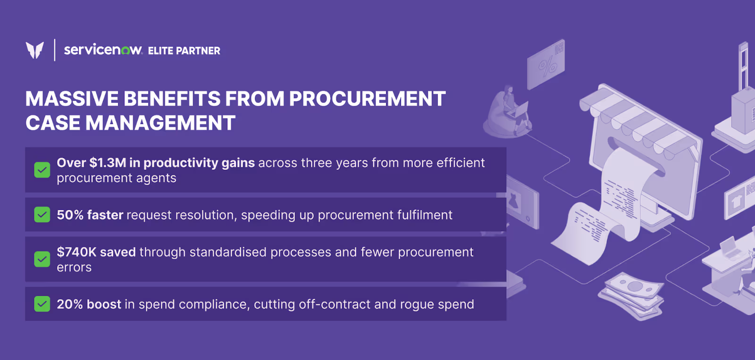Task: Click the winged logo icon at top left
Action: [x=34, y=50]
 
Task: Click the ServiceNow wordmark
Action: [x=102, y=50]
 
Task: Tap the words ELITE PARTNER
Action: [x=184, y=51]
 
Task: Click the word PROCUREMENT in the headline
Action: [x=367, y=99]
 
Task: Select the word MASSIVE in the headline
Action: [x=72, y=99]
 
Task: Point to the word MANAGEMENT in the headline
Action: [x=160, y=123]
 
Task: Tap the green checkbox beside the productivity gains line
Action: [x=42, y=170]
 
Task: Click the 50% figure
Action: [x=70, y=215]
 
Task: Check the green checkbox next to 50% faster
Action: [x=42, y=215]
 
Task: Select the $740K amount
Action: [x=76, y=252]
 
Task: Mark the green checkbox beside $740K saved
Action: [x=42, y=259]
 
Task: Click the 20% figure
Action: [x=70, y=304]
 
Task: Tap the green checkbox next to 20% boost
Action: [x=42, y=304]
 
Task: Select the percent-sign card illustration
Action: [x=545, y=65]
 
